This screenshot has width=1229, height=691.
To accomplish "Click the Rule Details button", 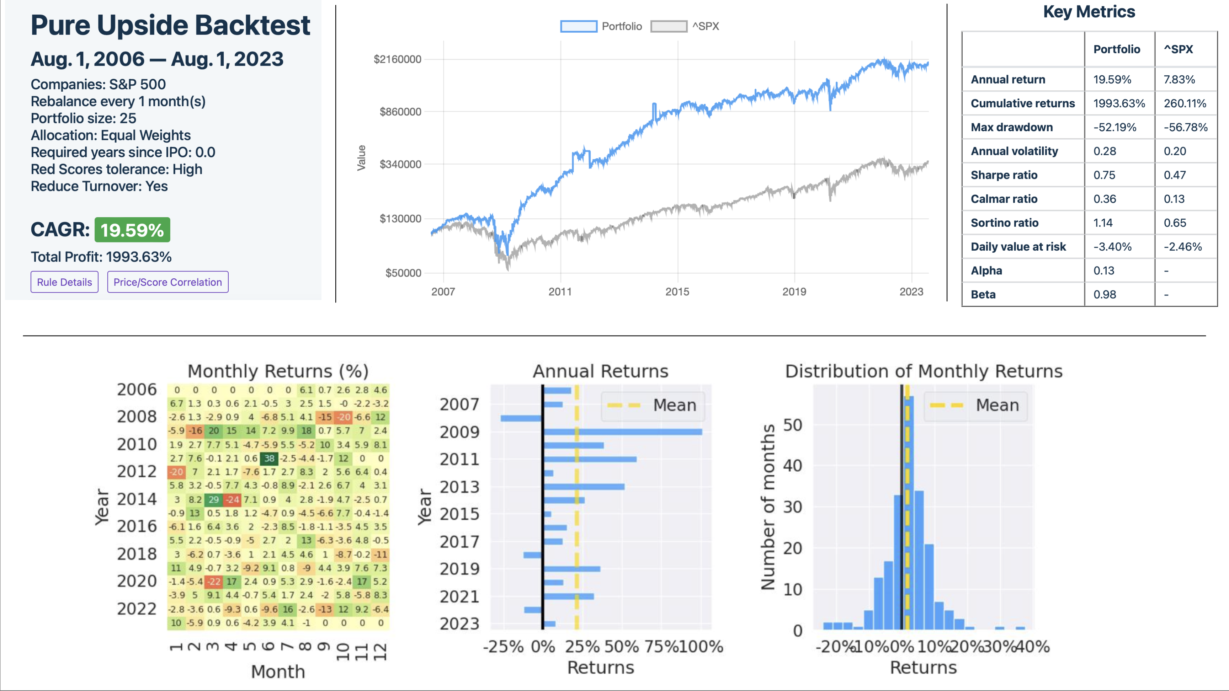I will click(64, 282).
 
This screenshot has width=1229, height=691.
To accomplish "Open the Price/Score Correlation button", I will click(167, 282).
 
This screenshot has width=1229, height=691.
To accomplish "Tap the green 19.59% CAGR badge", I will click(132, 230).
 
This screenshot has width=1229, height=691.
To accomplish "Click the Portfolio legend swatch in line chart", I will click(578, 26).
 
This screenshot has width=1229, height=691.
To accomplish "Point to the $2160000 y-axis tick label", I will click(398, 59).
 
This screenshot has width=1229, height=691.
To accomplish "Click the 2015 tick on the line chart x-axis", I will click(677, 291).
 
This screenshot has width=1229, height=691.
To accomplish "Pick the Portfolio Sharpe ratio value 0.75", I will click(1105, 175).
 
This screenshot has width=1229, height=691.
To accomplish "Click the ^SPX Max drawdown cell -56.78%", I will click(1185, 127).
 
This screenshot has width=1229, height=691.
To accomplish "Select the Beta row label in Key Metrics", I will click(983, 294).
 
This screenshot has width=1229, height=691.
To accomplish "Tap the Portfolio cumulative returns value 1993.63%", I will click(1119, 103).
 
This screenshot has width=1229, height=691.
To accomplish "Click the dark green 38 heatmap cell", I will click(269, 458).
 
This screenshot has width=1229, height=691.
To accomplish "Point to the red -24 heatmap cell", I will click(232, 499).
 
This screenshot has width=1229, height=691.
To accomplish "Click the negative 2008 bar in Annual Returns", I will click(521, 418).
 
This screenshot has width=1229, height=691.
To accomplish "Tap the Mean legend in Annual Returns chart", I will click(653, 405).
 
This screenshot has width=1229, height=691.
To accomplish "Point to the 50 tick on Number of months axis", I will click(792, 424).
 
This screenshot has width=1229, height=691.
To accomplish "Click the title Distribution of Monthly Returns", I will click(924, 371).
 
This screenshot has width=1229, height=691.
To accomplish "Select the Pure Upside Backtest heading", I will click(170, 25).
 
